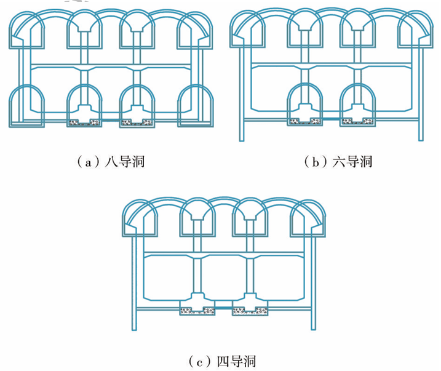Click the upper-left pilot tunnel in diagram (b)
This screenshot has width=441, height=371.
coord(248,31)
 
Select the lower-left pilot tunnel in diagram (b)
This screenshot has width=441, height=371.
coord(304,101)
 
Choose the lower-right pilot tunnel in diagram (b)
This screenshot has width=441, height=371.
coord(357,101)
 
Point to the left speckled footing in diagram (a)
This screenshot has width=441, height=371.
coord(84,122)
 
